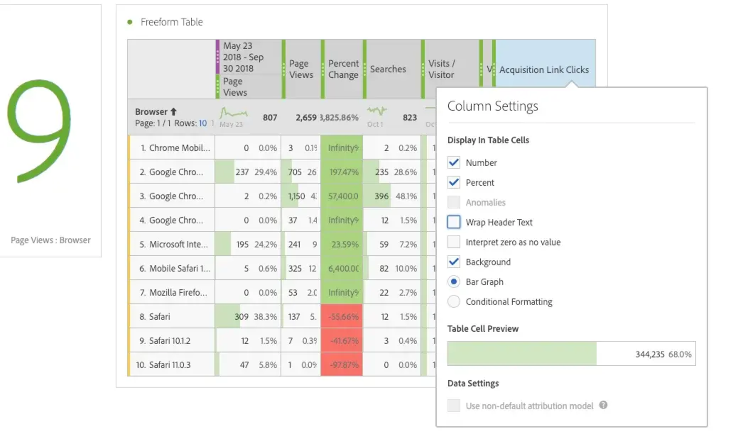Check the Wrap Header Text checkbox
[454, 222]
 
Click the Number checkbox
[454, 162]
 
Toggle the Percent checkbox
[454, 182]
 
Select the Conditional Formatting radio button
[454, 301]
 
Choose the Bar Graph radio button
[454, 282]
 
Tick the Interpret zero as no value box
[454, 242]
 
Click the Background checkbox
[454, 262]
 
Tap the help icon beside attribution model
[603, 405]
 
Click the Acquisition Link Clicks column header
[544, 70]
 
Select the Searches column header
[388, 69]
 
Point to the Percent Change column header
[343, 69]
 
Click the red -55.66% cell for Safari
[342, 316]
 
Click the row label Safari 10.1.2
[170, 341]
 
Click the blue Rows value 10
[202, 123]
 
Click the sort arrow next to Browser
[174, 112]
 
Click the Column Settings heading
[492, 106]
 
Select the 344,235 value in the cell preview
[650, 354]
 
